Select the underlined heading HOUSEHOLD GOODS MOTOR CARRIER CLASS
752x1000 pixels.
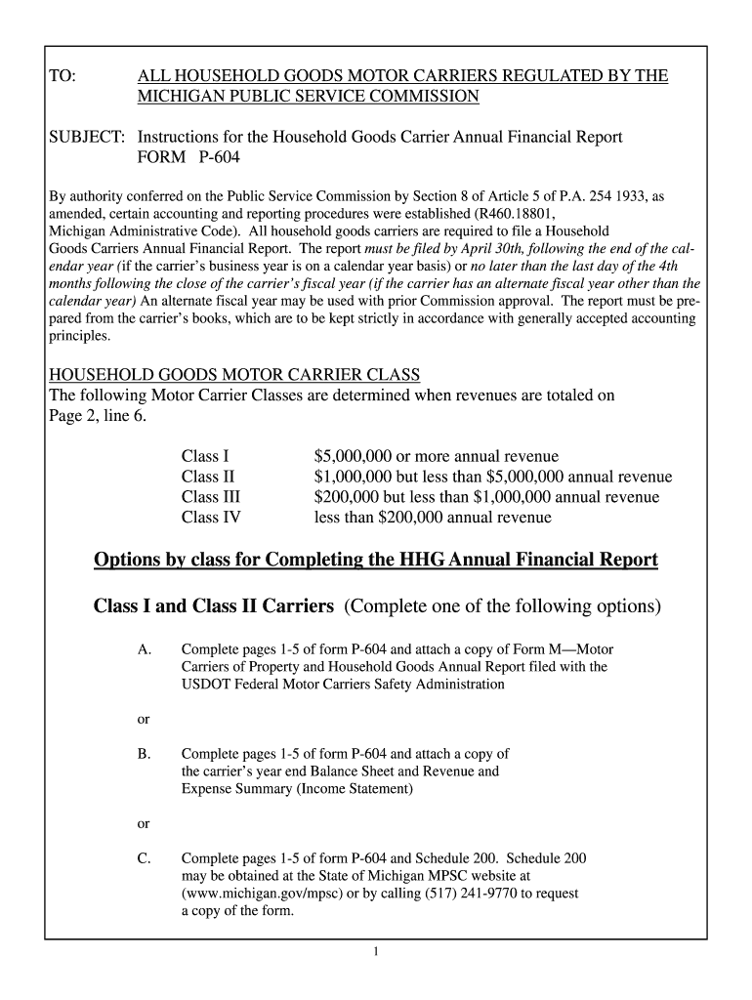pyautogui.click(x=234, y=375)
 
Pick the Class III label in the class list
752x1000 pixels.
pyautogui.click(x=211, y=497)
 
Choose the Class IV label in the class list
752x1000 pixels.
pyautogui.click(x=211, y=518)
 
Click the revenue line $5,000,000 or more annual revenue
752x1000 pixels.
pyautogui.click(x=436, y=456)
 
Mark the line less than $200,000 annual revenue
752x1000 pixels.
pyautogui.click(x=432, y=518)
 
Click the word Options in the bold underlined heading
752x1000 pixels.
pyautogui.click(x=131, y=560)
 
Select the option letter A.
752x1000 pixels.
pyautogui.click(x=144, y=649)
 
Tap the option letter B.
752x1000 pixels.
pyautogui.click(x=144, y=754)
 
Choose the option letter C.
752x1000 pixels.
pyautogui.click(x=144, y=858)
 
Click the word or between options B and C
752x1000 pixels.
pyautogui.click(x=143, y=823)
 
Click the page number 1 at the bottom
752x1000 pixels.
pyautogui.click(x=375, y=952)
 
